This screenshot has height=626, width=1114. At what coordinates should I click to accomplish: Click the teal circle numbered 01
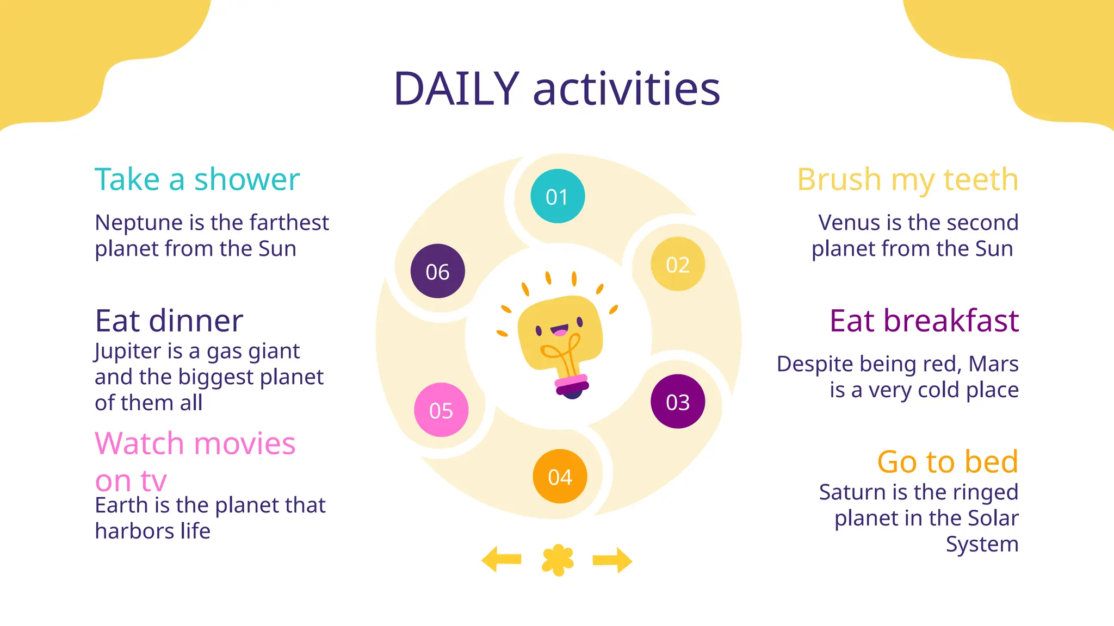[x=558, y=196]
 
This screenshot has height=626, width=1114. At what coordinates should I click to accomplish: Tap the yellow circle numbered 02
[x=678, y=264]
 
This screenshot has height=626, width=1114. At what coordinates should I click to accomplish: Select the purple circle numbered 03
[x=678, y=402]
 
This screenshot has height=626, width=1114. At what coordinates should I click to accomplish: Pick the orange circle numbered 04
[x=560, y=477]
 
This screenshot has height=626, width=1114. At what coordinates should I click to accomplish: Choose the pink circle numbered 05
[x=441, y=410]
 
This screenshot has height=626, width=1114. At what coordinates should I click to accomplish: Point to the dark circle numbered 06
[x=438, y=271]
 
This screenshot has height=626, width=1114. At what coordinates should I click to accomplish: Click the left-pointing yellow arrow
[x=502, y=560]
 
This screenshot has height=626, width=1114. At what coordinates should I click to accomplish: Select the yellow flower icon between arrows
[x=558, y=560]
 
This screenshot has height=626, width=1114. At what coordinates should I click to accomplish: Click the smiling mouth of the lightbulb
[x=560, y=330]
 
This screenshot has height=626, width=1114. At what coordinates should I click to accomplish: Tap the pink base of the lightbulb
[x=571, y=383]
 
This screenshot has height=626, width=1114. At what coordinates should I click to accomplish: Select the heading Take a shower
[x=197, y=179]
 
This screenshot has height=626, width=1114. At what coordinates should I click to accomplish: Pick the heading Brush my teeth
[x=907, y=179]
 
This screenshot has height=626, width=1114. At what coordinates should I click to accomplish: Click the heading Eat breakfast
[x=924, y=321]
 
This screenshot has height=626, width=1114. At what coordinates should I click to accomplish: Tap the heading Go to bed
[x=947, y=462]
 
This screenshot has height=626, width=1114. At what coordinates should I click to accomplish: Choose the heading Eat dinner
[x=169, y=321]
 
